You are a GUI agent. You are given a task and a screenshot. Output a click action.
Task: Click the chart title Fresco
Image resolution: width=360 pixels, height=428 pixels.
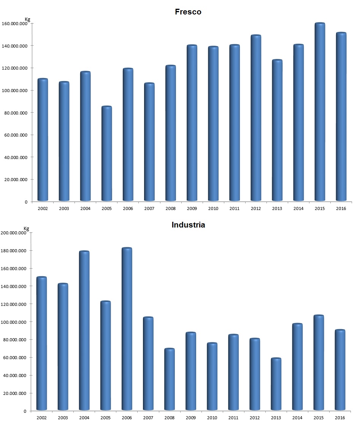point(188,12)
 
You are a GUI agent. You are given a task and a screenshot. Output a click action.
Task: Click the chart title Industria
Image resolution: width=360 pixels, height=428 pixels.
point(188,225)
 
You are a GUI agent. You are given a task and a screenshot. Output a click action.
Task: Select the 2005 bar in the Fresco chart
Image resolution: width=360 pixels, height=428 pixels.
point(106,154)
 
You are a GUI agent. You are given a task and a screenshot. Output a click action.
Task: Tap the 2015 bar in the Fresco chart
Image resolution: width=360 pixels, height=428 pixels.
point(320,112)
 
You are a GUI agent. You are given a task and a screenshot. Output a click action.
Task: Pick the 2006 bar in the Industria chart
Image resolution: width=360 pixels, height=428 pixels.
point(127,329)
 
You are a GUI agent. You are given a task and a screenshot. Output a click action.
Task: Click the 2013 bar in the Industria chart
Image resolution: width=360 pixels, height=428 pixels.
point(276,384)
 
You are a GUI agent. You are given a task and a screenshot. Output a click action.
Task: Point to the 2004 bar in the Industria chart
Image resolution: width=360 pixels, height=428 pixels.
point(84,331)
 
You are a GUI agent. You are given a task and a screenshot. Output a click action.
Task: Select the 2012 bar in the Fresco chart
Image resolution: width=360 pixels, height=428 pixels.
point(256,118)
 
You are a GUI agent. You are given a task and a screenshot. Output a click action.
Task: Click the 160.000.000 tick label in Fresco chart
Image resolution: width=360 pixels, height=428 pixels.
point(15,24)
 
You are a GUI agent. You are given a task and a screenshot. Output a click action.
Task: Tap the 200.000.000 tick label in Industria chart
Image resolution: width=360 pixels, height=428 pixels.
point(14,233)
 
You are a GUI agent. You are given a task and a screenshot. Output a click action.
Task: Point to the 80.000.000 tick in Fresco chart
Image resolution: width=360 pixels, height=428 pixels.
point(16,113)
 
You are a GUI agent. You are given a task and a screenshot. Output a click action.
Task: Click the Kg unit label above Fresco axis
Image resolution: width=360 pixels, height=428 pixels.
point(27,19)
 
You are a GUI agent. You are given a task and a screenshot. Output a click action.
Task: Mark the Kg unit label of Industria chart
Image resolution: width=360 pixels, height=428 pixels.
point(26,228)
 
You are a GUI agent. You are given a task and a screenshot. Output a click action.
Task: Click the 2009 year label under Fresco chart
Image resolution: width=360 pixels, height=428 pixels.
point(192,209)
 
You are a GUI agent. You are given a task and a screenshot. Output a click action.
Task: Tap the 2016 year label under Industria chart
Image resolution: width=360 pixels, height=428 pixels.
point(340,418)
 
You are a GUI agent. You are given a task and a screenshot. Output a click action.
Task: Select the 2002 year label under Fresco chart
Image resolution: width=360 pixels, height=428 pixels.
point(43,209)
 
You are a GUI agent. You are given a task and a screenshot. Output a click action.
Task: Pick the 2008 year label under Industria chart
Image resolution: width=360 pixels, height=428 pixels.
point(170,418)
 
